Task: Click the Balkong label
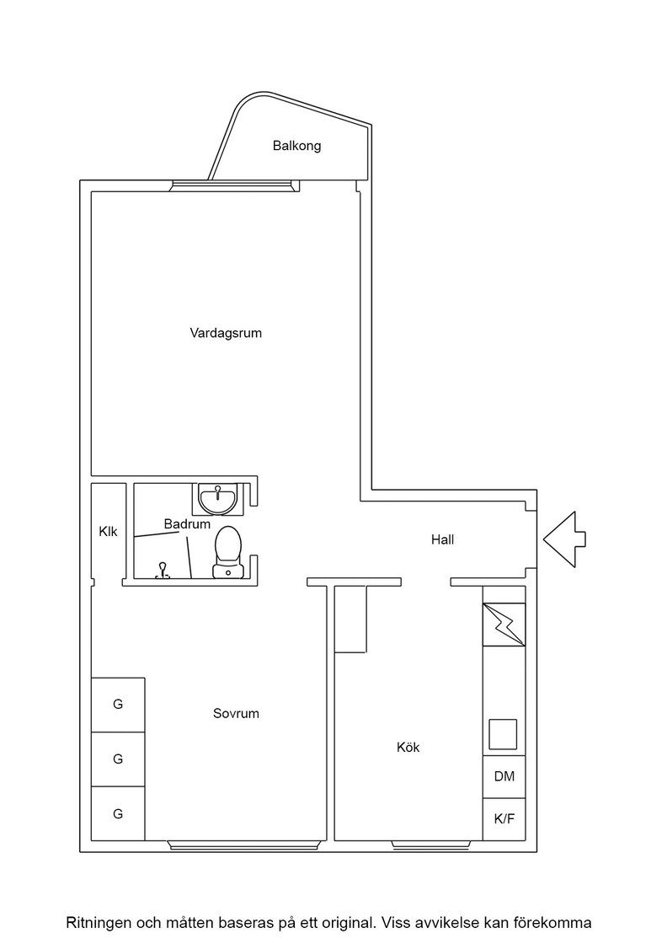296,146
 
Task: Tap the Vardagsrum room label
226,333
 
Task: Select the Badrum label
187,523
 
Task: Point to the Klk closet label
109,532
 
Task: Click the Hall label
442,540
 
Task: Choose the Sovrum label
236,713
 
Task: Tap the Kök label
408,747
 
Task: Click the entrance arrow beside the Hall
564,539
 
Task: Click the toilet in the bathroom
228,552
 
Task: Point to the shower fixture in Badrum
162,571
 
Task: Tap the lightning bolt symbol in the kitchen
504,625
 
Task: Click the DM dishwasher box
504,776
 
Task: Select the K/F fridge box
504,819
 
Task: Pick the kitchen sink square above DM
502,734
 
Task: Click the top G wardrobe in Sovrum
118,705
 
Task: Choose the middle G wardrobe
118,759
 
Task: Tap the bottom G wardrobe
118,813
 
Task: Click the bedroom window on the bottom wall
243,846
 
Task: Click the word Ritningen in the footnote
99,922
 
